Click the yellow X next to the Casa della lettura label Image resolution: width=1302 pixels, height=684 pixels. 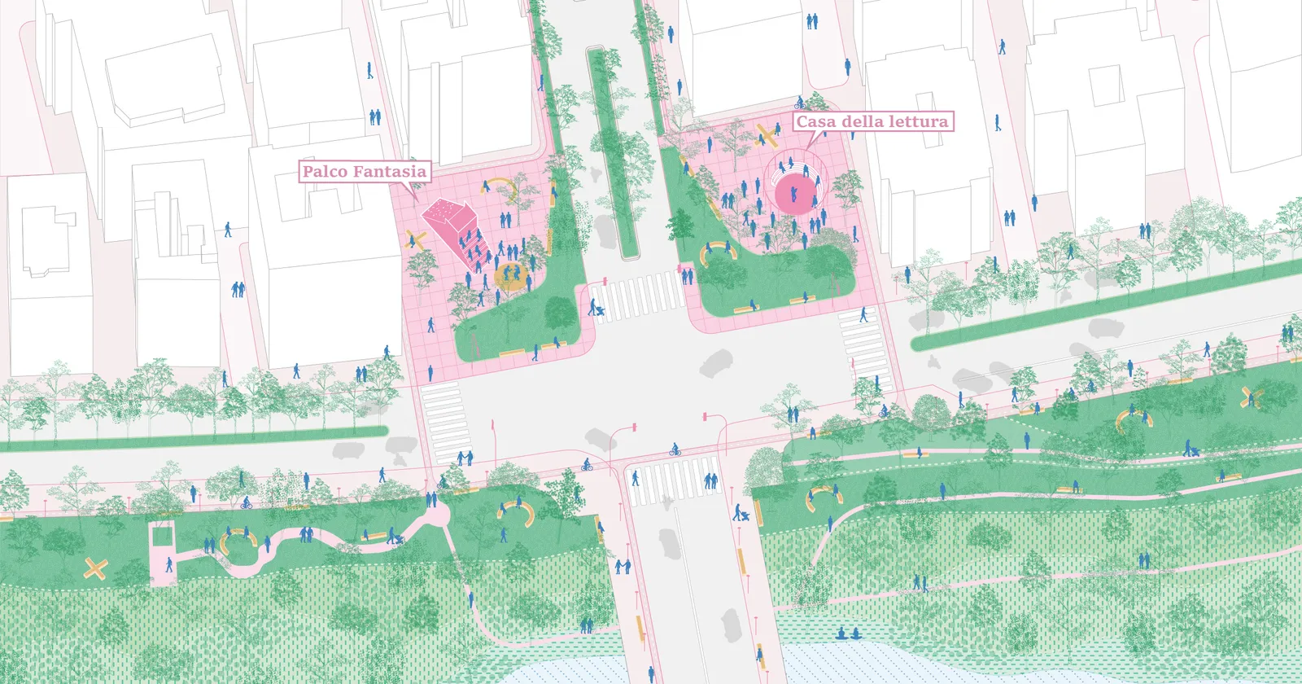click(767, 136)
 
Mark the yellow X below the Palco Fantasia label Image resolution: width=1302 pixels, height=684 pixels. click(416, 239)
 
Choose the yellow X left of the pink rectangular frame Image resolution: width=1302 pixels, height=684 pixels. click(95, 568)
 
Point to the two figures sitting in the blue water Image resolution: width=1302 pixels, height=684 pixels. click(848, 634)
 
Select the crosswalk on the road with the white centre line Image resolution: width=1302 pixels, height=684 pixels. click(673, 480)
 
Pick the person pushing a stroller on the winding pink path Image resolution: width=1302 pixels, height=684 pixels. click(394, 537)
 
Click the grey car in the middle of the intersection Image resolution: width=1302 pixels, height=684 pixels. click(715, 363)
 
